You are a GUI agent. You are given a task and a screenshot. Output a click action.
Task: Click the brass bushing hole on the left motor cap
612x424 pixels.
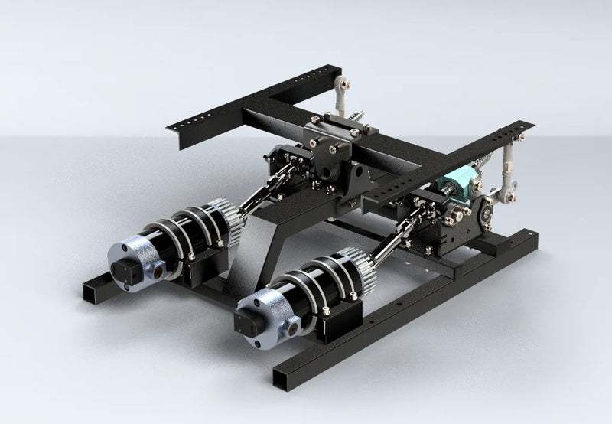tap(158, 269)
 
